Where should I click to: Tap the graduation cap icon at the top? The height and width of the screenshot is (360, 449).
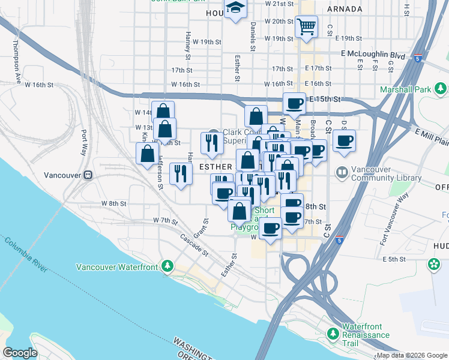tap(235, 8)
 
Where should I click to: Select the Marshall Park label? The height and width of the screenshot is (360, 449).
tap(405, 90)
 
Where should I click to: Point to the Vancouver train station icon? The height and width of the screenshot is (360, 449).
tap(88, 175)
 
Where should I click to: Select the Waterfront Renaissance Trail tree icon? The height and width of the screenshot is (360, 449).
tap(334, 332)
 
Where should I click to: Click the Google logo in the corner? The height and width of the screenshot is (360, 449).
tap(20, 352)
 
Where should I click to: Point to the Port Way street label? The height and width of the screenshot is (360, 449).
tap(83, 142)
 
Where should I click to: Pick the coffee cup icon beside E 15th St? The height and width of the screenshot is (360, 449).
tap(294, 103)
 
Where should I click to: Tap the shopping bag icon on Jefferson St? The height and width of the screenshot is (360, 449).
tap(148, 153)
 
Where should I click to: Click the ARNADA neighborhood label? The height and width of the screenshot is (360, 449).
tap(345, 9)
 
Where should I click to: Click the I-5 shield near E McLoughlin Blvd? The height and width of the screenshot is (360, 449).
tap(417, 58)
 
